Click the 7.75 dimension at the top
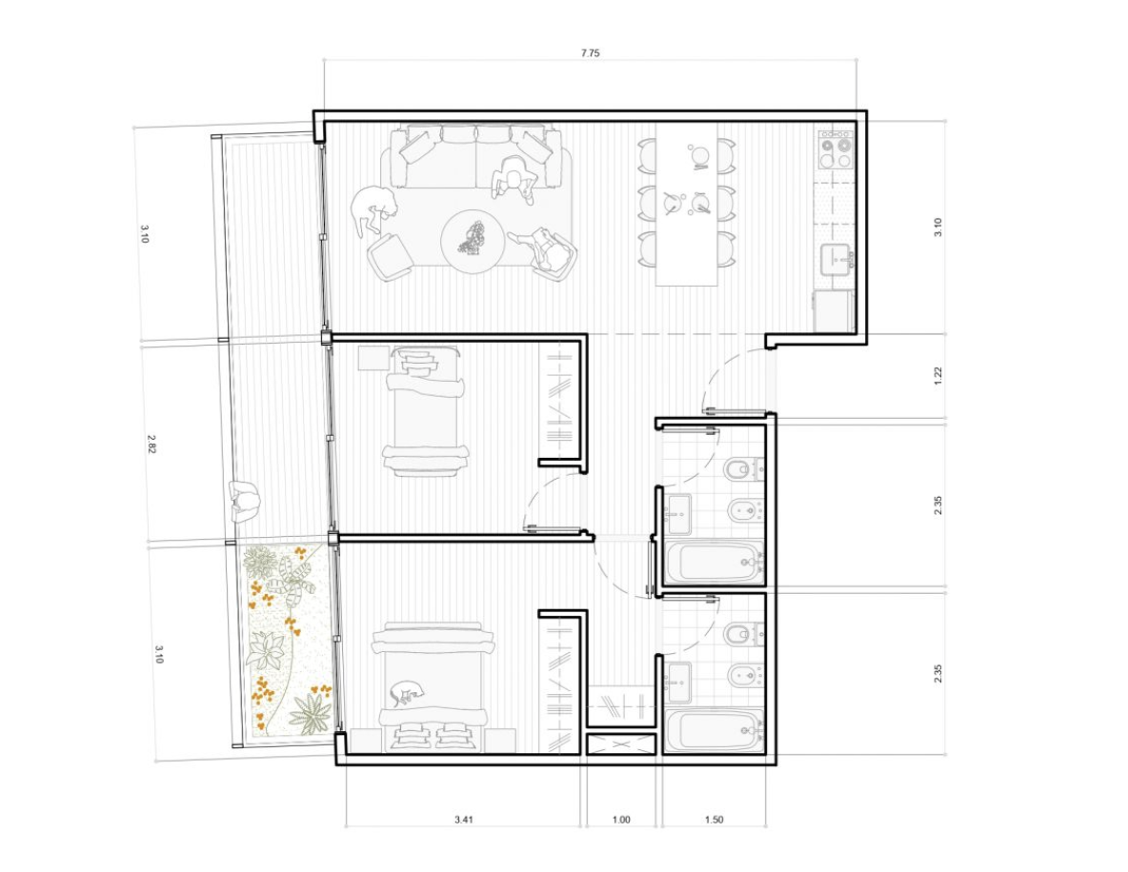(x=590, y=53)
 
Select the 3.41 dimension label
(x=464, y=819)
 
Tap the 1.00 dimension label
(x=621, y=820)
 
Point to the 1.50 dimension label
(x=715, y=820)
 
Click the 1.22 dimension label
(x=938, y=375)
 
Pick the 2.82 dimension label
(x=151, y=444)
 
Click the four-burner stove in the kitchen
(x=836, y=150)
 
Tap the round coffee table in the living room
(x=473, y=241)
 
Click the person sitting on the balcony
(x=245, y=501)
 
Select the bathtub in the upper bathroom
(x=715, y=563)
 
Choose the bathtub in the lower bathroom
(x=715, y=731)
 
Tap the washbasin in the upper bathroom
(x=677, y=514)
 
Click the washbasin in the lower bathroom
(x=677, y=683)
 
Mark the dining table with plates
(x=687, y=205)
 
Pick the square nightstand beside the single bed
(x=373, y=358)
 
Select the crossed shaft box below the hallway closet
(x=621, y=743)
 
